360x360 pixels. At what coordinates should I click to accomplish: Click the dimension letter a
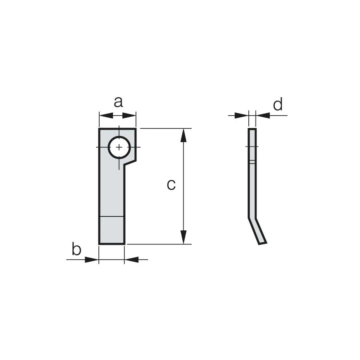tap(118, 102)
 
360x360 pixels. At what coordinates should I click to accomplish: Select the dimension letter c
tap(171, 185)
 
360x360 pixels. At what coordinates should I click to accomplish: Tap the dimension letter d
tap(278, 104)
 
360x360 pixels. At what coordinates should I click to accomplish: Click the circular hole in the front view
tap(119, 147)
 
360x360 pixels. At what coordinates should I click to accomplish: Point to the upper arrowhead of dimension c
tap(183, 136)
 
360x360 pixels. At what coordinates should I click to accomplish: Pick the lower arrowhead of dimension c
tap(183, 237)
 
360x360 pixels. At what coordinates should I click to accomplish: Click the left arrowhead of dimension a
tap(106, 116)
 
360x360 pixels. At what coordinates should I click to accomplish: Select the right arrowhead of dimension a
tap(129, 116)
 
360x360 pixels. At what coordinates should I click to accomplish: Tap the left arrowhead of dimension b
tap(92, 260)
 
